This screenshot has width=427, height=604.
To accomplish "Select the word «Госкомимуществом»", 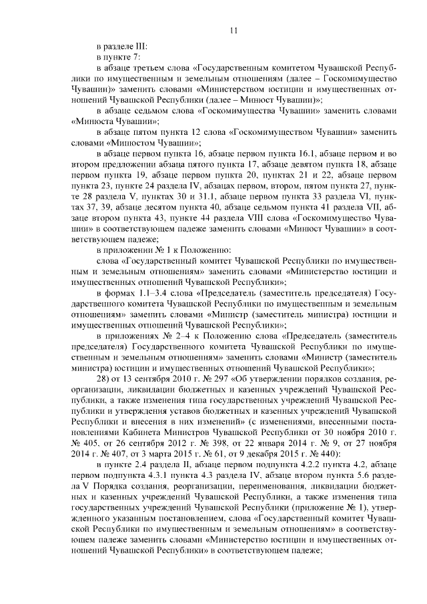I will (261, 131).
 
